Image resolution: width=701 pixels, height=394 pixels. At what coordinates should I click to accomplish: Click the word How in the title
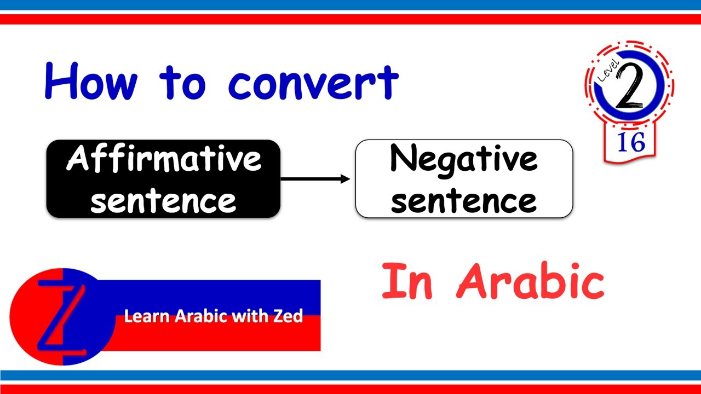click(x=91, y=82)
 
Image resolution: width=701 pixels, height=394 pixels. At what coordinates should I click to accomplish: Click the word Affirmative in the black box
click(x=163, y=159)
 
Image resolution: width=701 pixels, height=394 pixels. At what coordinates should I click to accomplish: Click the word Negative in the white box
click(x=463, y=159)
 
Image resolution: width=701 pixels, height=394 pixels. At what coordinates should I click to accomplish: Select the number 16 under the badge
click(x=631, y=142)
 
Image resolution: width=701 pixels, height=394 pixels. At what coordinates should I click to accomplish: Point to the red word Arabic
click(x=530, y=282)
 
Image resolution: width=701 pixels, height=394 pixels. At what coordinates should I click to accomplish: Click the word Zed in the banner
click(x=288, y=316)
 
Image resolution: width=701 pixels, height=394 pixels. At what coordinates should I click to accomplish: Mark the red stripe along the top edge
click(x=350, y=19)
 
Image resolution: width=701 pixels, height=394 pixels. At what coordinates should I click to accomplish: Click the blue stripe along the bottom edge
click(x=350, y=375)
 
